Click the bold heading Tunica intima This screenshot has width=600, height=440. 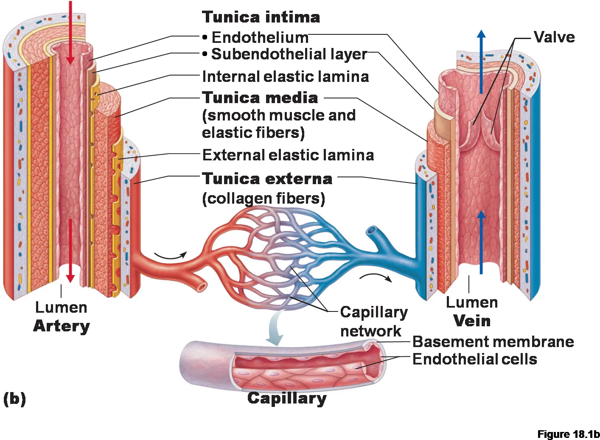[261, 17]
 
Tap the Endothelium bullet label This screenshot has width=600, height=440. [255, 37]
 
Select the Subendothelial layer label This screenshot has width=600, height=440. [285, 54]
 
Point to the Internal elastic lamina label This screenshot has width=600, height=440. [286, 77]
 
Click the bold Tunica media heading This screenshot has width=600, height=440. [260, 98]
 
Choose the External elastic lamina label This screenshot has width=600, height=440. [288, 155]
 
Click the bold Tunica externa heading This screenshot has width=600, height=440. [267, 178]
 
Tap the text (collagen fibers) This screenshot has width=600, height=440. [264, 199]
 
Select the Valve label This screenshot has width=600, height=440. [554, 37]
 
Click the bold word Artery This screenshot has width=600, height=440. [62, 326]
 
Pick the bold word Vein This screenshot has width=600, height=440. [472, 321]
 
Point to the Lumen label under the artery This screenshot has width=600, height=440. [62, 307]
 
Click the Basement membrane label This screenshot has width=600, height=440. [493, 342]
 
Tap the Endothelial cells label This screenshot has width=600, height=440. [475, 359]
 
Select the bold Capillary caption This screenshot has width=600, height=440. [287, 398]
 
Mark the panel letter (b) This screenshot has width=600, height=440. [15, 399]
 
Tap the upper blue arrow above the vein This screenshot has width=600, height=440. [481, 62]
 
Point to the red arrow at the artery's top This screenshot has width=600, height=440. [70, 33]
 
